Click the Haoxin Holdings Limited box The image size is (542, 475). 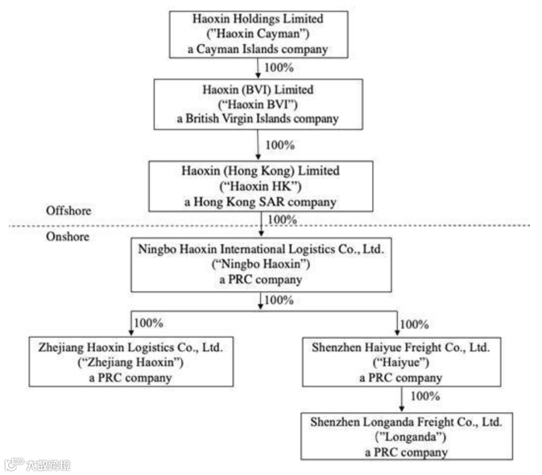click(x=258, y=34)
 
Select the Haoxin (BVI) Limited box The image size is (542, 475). click(x=258, y=104)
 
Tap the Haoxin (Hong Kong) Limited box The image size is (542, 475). click(x=260, y=186)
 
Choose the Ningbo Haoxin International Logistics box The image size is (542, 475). click(x=261, y=265)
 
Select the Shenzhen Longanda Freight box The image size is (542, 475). click(x=406, y=436)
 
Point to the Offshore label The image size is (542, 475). click(x=69, y=210)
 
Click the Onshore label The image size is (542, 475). click(x=67, y=236)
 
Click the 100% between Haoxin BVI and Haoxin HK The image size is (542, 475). click(x=280, y=145)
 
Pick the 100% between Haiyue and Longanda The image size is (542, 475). click(x=425, y=396)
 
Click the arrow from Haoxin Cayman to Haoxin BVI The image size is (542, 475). click(x=258, y=68)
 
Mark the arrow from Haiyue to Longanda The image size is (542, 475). click(x=402, y=399)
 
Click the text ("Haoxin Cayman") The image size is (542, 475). click(x=258, y=34)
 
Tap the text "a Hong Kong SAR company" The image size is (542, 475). click(x=260, y=202)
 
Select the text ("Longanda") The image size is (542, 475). click(x=406, y=437)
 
